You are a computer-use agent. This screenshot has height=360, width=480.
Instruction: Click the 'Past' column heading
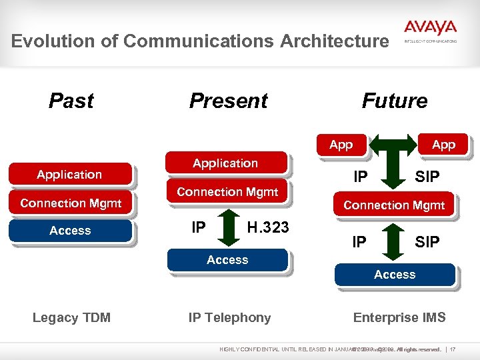[71, 101]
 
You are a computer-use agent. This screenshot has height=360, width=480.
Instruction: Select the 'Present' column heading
[228, 101]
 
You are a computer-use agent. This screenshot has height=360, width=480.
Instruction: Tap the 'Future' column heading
[394, 101]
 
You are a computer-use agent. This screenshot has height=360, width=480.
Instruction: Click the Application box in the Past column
[69, 175]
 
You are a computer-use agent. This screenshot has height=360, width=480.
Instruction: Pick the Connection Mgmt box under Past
[71, 203]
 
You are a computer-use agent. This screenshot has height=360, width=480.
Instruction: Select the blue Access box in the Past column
[70, 231]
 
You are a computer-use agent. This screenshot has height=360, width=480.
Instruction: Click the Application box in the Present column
[225, 163]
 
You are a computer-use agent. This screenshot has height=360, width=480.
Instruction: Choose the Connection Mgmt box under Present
[227, 192]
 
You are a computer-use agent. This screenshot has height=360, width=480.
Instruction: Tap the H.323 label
[267, 227]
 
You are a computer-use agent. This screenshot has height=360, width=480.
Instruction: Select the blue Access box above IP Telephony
[227, 260]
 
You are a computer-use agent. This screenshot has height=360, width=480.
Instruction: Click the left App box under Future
[341, 145]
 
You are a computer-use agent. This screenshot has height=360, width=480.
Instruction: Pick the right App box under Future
[443, 145]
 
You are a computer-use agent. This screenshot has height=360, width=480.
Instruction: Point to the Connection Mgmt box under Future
[394, 205]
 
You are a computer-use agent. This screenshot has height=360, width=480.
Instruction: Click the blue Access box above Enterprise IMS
[395, 274]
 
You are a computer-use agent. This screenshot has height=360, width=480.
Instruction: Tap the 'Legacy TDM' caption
[71, 318]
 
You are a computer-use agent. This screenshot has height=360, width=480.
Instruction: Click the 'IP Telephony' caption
[229, 318]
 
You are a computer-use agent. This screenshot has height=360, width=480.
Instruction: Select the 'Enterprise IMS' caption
[399, 318]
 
